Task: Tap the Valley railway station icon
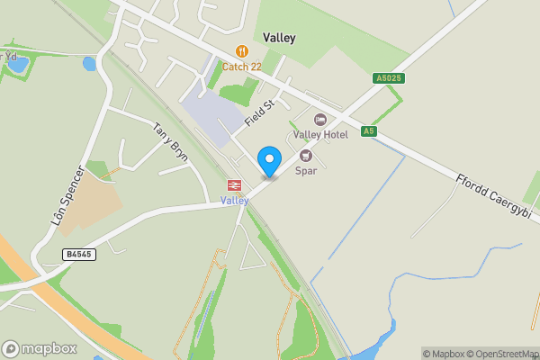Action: [x=234, y=184]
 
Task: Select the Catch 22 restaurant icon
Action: [x=242, y=51]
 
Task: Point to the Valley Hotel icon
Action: [x=320, y=120]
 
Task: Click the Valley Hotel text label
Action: [x=320, y=135]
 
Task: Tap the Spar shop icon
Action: [x=305, y=156]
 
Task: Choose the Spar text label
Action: [x=305, y=170]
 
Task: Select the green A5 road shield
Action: [x=367, y=131]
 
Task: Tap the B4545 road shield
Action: [x=79, y=255]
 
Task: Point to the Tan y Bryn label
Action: [x=170, y=141]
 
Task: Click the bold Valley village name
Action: [x=279, y=38]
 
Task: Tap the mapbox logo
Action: [x=40, y=348]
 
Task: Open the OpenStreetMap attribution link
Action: [x=500, y=353]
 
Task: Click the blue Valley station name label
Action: [x=234, y=201]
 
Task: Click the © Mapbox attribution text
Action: [x=443, y=353]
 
